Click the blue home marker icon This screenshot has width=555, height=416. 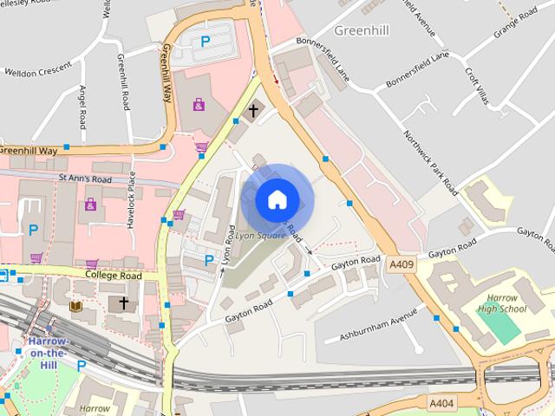pos(277,200)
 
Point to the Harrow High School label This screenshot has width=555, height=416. pos(501,303)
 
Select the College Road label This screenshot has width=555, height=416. pos(113,275)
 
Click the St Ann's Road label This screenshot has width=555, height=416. pos(86,179)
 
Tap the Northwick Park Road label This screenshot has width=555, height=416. pos(431,161)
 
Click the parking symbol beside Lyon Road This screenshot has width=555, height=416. pos(208,259)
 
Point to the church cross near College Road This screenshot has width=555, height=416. pos(124,302)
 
